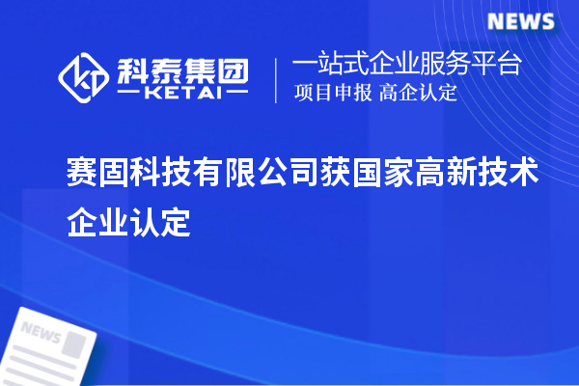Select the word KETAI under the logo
click(x=181, y=94)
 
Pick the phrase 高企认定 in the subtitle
click(x=418, y=94)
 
